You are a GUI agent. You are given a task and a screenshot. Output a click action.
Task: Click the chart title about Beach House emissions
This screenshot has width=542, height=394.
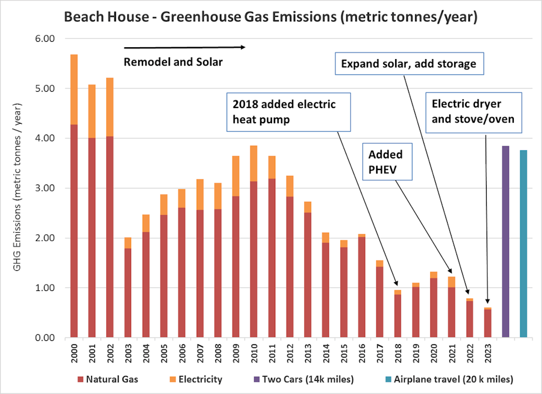coord(270,17)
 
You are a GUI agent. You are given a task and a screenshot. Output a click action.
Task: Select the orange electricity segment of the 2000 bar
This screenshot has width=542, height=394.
coord(74,90)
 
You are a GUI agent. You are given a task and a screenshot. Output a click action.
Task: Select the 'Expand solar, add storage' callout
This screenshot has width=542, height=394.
coord(408,64)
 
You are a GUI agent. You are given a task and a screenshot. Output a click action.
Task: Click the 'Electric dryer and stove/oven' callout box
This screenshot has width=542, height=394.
coord(473,111)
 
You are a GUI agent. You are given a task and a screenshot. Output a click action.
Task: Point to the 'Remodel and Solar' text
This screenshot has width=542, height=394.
coord(173,62)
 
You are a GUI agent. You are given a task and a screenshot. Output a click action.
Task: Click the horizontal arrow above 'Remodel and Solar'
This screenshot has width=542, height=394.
coord(184,47)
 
